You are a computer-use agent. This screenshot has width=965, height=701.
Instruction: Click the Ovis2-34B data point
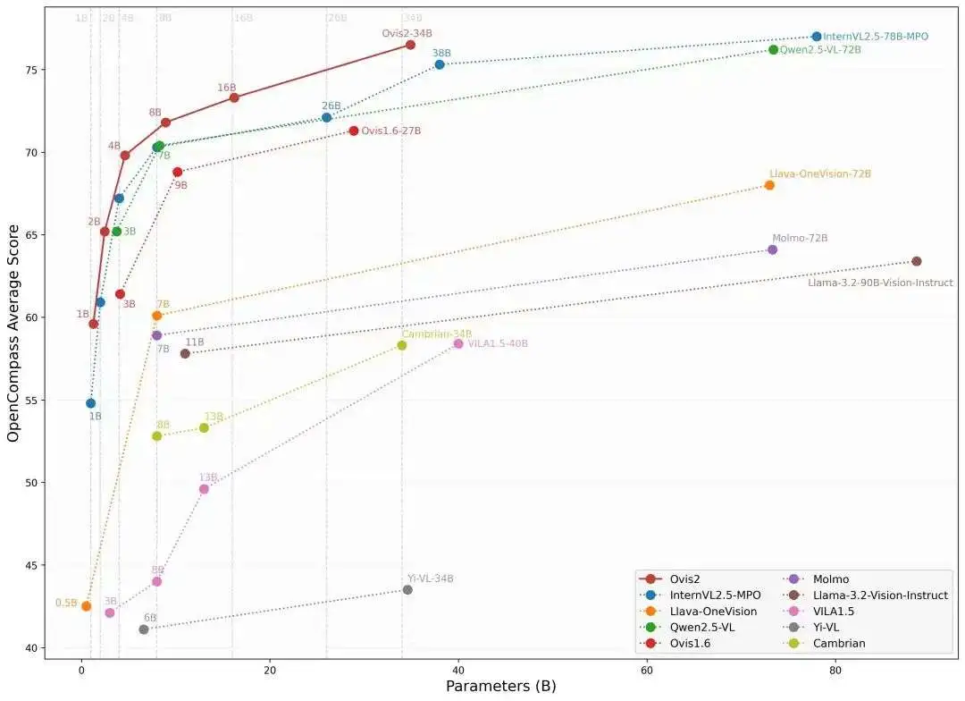point(410,45)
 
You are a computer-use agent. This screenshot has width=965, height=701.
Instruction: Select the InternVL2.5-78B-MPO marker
point(816,37)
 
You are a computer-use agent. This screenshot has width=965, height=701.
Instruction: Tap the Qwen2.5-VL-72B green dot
point(773,49)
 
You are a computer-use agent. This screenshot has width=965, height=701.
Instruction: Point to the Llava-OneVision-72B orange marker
point(769,185)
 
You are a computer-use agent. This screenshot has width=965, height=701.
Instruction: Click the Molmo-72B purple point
point(772,249)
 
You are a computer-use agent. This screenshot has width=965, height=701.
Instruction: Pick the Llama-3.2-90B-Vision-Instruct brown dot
point(916,261)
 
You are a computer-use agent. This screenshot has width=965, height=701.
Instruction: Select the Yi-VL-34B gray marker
point(407,589)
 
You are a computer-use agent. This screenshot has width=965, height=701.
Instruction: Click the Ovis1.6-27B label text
point(390,131)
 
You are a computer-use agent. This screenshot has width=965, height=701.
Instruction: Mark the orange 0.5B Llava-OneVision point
point(86,606)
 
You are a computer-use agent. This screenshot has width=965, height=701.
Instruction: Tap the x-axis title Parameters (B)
point(500,686)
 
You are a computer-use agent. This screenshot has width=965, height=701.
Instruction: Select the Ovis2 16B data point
point(234,97)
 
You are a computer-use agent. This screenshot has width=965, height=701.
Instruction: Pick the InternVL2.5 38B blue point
point(440,64)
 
